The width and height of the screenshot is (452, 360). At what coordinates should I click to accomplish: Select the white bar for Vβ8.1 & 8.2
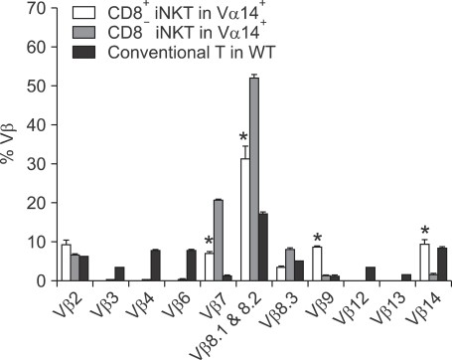244,220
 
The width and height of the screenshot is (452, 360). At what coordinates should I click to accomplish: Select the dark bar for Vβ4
155,266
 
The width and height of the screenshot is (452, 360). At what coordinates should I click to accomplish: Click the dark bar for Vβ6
191,266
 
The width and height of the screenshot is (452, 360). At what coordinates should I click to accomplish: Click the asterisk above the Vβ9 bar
316,238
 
